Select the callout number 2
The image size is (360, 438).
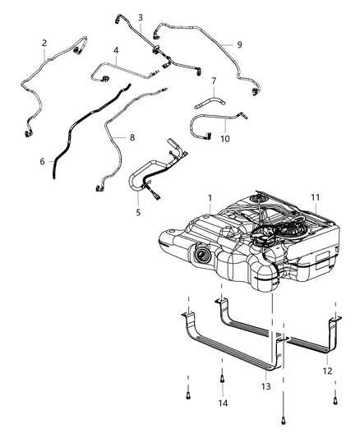point(44,43)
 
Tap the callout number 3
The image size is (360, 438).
point(140,16)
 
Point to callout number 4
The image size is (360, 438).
point(117,50)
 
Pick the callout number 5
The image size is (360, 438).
point(138,212)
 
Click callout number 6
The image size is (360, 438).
point(42,162)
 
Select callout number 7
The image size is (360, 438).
point(212,81)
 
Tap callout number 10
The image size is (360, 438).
point(224,138)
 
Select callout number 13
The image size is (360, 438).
point(265,386)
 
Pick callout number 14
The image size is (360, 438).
point(222,403)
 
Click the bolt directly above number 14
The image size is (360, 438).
point(222,379)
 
